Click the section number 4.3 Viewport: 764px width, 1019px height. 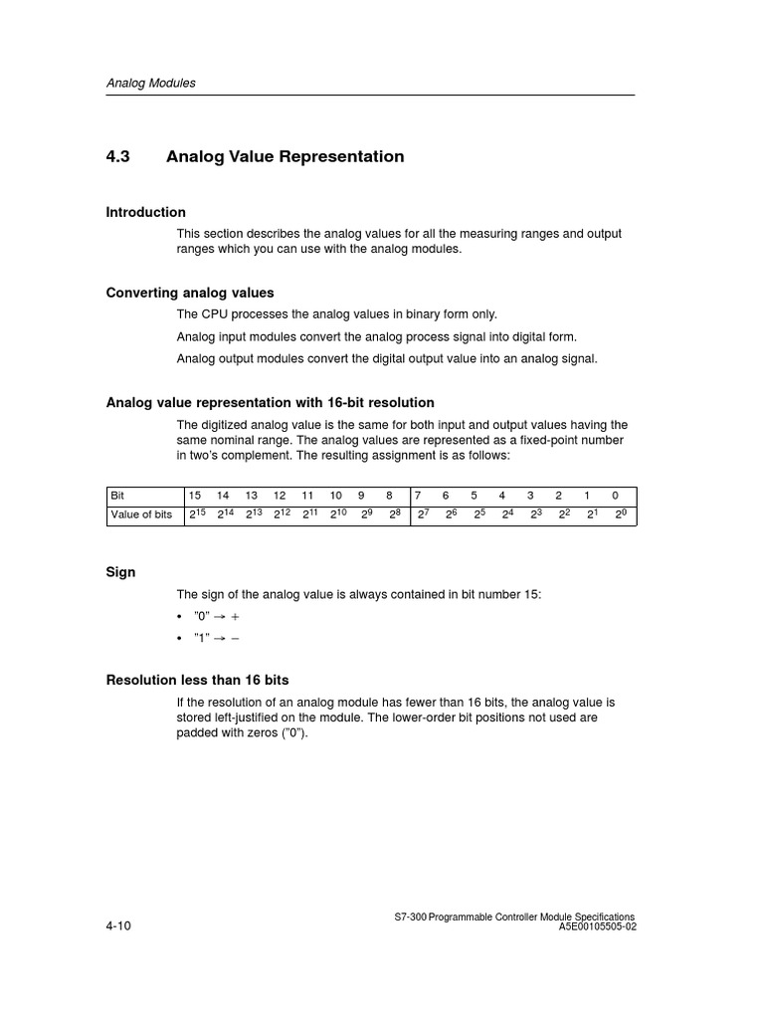click(x=118, y=157)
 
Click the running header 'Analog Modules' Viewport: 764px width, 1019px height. click(x=150, y=84)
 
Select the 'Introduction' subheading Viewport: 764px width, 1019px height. click(x=145, y=212)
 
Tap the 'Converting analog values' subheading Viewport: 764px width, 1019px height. click(x=190, y=293)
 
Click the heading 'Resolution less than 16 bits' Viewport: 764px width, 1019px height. click(x=197, y=680)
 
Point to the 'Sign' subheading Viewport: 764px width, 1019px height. click(x=120, y=572)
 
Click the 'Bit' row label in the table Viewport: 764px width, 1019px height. click(x=118, y=495)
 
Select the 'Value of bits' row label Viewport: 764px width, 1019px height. click(x=141, y=514)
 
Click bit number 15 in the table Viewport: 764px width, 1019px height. click(x=195, y=495)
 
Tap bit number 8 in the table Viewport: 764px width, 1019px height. click(x=389, y=495)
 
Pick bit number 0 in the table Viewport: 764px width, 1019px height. click(x=616, y=495)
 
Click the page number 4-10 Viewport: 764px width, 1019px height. click(x=118, y=925)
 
